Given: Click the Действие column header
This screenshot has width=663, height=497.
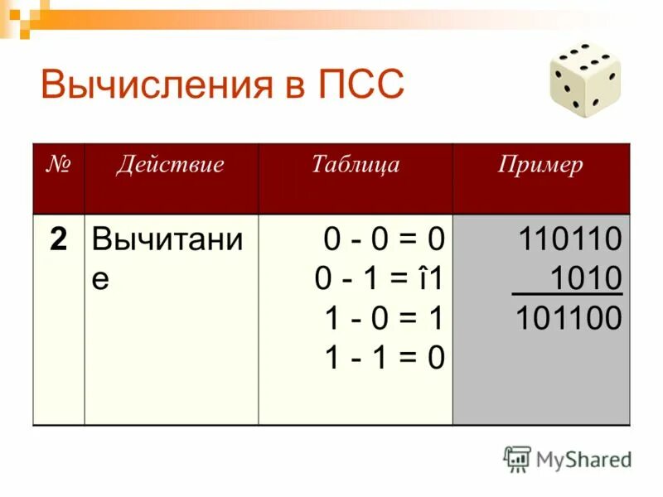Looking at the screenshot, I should (x=170, y=165).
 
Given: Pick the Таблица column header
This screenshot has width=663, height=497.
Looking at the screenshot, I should (x=355, y=165).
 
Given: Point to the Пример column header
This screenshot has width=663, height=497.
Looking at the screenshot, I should (x=540, y=165).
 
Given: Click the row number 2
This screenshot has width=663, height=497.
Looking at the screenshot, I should (x=58, y=240).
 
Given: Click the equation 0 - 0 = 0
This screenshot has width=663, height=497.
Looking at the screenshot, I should (x=384, y=240).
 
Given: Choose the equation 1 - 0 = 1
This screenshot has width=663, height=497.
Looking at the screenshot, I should (x=384, y=319).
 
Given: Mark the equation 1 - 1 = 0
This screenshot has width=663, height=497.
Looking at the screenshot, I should (x=384, y=358).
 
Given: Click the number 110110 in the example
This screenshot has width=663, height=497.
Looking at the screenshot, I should (x=569, y=240).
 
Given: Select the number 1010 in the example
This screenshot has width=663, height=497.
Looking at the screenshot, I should (x=585, y=279).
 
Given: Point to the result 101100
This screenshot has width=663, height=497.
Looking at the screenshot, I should (x=569, y=319).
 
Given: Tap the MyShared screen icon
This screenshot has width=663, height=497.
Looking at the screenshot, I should (x=517, y=458).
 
